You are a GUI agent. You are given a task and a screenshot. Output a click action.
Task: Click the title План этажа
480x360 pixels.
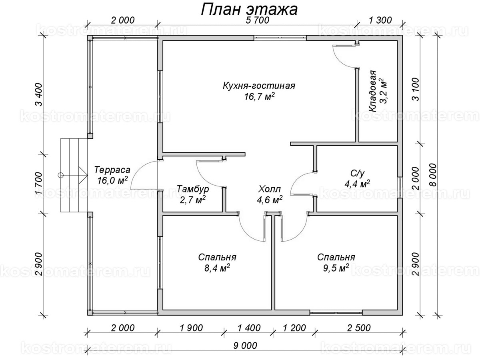248,10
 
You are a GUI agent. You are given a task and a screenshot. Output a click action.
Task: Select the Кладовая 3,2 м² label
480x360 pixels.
378,92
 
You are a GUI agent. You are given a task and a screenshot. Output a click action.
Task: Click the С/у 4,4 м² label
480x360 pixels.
357,179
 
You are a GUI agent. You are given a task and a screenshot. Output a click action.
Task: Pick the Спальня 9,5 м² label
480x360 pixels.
336,262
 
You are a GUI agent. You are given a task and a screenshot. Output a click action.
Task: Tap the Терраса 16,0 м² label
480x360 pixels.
112,175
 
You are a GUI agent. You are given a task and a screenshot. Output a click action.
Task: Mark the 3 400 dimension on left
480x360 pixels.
39,94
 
